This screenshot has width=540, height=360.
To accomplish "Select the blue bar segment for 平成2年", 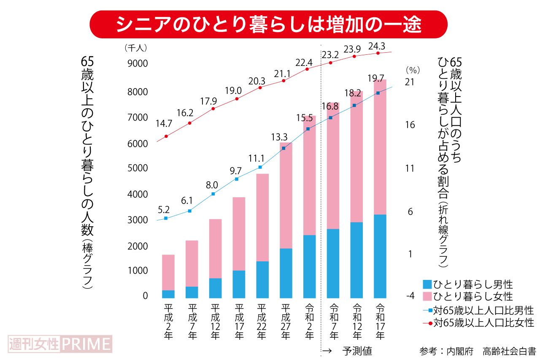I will pyautogui.click(x=168, y=294).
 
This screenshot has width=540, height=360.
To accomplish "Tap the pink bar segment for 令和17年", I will pyautogui.click(x=380, y=147).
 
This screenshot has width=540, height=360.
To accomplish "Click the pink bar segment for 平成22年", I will pyautogui.click(x=262, y=218).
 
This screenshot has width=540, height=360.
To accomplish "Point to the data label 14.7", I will pyautogui.click(x=164, y=124).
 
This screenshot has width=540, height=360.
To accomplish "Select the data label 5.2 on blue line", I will pyautogui.click(x=164, y=209).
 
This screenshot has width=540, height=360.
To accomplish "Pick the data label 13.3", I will pyautogui.click(x=279, y=137).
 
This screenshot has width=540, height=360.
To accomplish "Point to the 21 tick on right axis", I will pyautogui.click(x=409, y=82).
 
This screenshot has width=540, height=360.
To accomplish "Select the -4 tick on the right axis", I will pyautogui.click(x=410, y=296).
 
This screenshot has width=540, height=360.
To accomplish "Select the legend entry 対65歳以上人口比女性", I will pyautogui.click(x=478, y=323).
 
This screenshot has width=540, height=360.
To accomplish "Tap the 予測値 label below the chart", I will pyautogui.click(x=357, y=351).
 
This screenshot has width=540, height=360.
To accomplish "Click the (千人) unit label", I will pyautogui.click(x=136, y=48).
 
